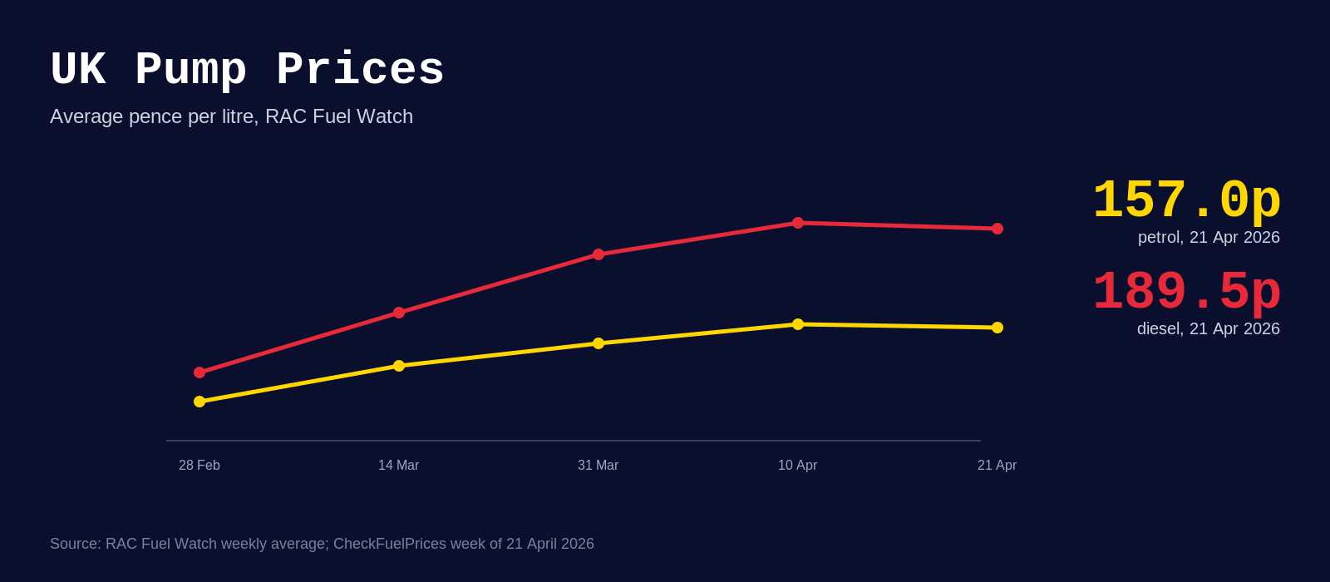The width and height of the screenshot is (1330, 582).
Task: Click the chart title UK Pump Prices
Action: (247, 70)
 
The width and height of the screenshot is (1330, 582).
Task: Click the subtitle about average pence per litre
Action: (231, 116)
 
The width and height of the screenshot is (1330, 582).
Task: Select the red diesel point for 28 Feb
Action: (199, 372)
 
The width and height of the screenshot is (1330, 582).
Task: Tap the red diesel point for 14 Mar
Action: (399, 313)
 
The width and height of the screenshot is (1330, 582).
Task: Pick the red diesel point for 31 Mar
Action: (598, 254)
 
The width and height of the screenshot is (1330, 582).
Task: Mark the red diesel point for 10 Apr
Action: (798, 223)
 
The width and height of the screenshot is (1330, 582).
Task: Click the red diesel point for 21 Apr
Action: (997, 229)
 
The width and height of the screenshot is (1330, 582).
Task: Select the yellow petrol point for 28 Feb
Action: (199, 402)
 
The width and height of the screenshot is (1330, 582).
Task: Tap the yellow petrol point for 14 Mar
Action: (399, 366)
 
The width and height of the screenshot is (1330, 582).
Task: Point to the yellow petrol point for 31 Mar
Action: (598, 343)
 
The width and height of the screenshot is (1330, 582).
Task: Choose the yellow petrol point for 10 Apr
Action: (798, 324)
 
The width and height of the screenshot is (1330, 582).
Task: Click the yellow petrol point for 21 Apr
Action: (997, 328)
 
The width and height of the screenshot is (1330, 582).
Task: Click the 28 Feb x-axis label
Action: (199, 466)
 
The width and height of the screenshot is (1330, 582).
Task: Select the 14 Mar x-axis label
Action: (399, 466)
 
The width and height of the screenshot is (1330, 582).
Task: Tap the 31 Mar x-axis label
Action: (598, 466)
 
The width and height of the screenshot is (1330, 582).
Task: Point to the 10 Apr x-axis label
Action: (798, 466)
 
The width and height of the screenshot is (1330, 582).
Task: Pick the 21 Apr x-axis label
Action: (997, 466)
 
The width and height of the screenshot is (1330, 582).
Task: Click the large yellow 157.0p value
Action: (1186, 201)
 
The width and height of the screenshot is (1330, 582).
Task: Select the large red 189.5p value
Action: (1186, 293)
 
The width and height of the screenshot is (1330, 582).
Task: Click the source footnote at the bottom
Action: (322, 544)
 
